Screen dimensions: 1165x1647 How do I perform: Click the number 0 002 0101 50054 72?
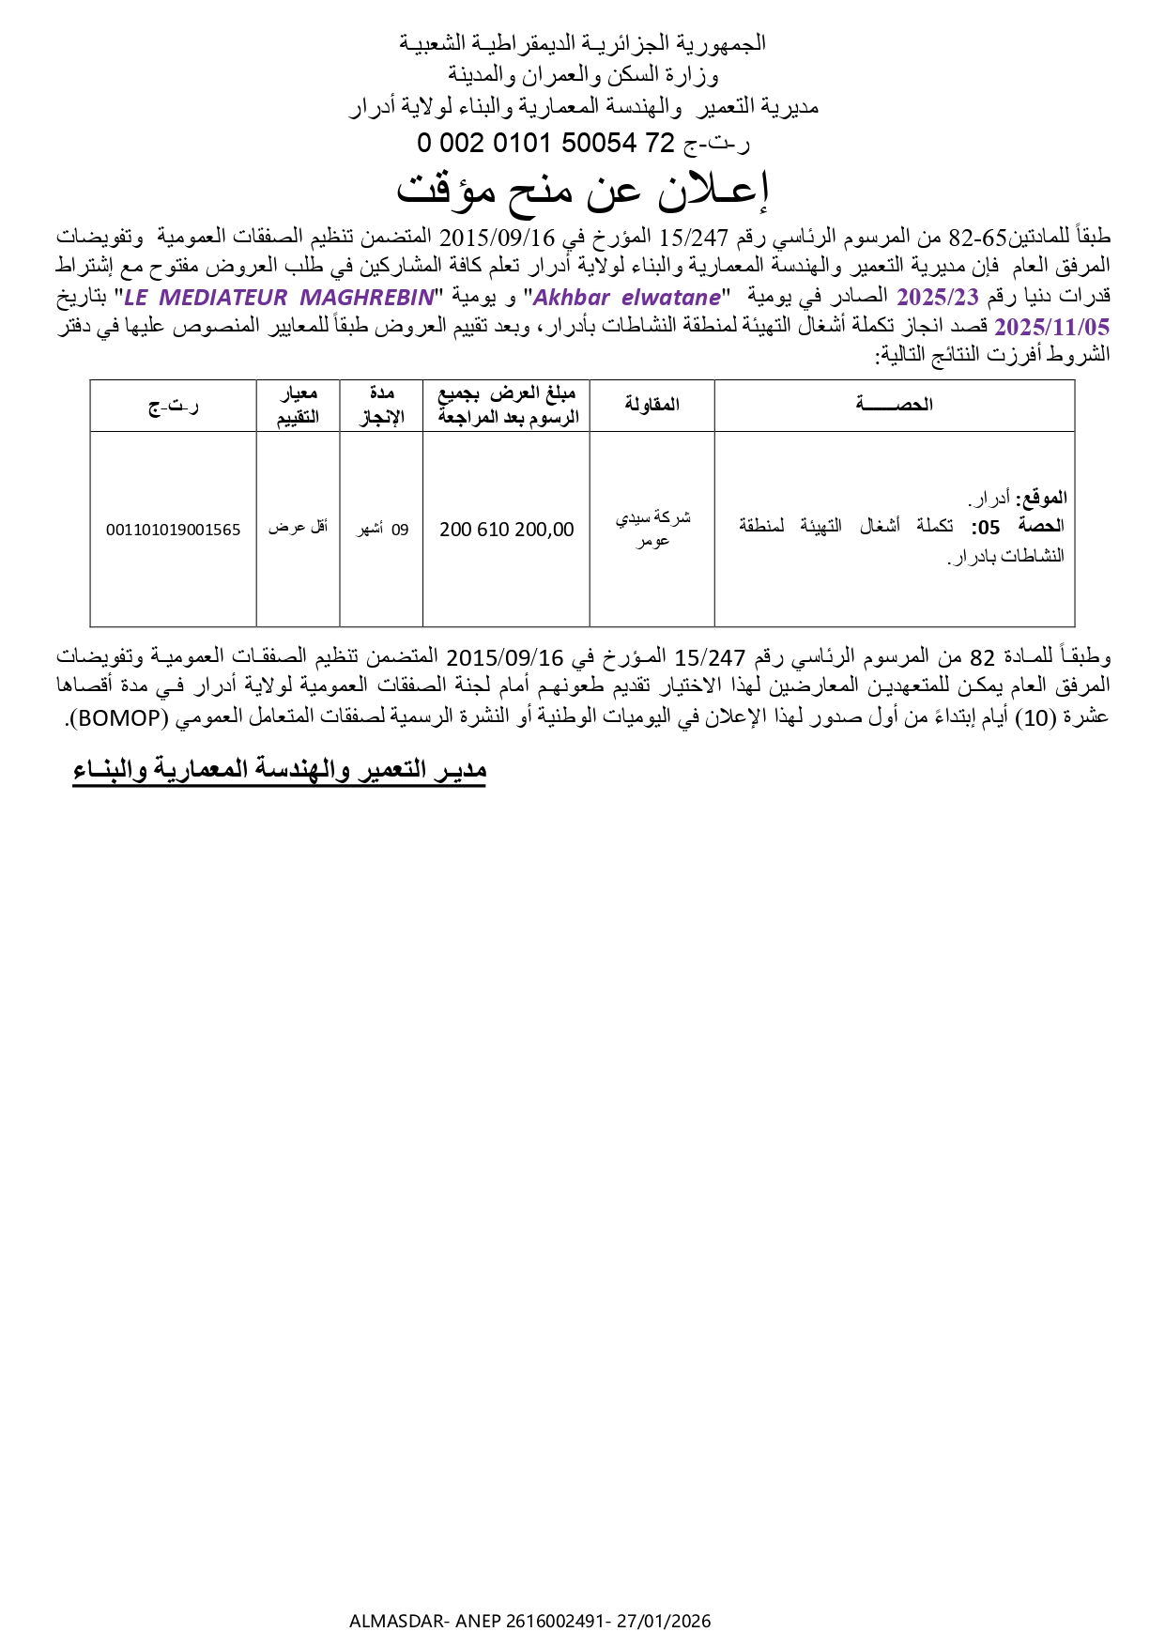pyautogui.click(x=546, y=143)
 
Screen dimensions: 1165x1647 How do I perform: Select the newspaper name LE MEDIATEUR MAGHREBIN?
pyautogui.click(x=280, y=298)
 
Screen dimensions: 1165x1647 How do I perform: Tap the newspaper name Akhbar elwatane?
pyautogui.click(x=627, y=298)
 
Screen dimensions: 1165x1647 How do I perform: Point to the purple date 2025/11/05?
pyautogui.click(x=1051, y=327)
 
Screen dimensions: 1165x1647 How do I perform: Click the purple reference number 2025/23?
pyautogui.click(x=938, y=298)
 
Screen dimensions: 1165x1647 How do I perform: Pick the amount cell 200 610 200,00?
pyautogui.click(x=506, y=530)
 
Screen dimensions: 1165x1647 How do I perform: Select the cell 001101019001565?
pyautogui.click(x=173, y=530)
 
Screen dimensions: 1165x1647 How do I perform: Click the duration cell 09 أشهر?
pyautogui.click(x=382, y=530)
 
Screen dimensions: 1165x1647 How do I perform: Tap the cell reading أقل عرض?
pyautogui.click(x=298, y=528)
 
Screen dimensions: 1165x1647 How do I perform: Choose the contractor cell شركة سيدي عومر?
pyautogui.click(x=652, y=529)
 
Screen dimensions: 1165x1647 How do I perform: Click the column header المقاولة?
pyautogui.click(x=651, y=405)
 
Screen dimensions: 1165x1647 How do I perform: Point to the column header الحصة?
pyautogui.click(x=894, y=405)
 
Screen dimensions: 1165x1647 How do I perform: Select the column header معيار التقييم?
pyautogui.click(x=298, y=406)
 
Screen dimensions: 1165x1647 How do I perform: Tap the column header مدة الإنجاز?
pyautogui.click(x=381, y=406)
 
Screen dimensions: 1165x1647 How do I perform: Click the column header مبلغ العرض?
pyautogui.click(x=507, y=406)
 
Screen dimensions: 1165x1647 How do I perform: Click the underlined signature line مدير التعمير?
pyautogui.click(x=279, y=770)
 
